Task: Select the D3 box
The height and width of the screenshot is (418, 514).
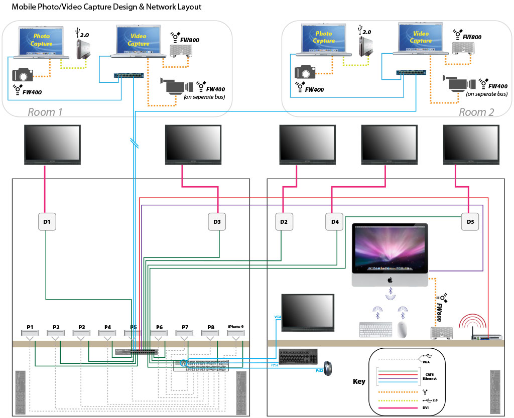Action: click(217, 221)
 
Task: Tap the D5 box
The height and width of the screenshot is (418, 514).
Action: click(470, 221)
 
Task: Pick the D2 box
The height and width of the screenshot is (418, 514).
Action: click(283, 221)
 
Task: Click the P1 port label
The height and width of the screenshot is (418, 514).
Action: click(30, 327)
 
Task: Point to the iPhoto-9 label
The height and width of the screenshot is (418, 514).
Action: click(235, 327)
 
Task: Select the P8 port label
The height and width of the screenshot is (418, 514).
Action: click(210, 327)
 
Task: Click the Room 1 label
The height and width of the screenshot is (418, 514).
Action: click(45, 112)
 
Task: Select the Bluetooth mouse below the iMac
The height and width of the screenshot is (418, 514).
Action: click(402, 329)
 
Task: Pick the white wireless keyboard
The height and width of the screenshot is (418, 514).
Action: click(375, 330)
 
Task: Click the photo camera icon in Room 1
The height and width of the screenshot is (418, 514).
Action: click(23, 75)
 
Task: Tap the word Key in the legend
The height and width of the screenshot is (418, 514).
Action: click(359, 381)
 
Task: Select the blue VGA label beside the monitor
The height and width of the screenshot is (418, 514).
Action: click(278, 317)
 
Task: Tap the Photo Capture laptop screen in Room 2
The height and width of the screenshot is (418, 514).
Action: click(324, 38)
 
